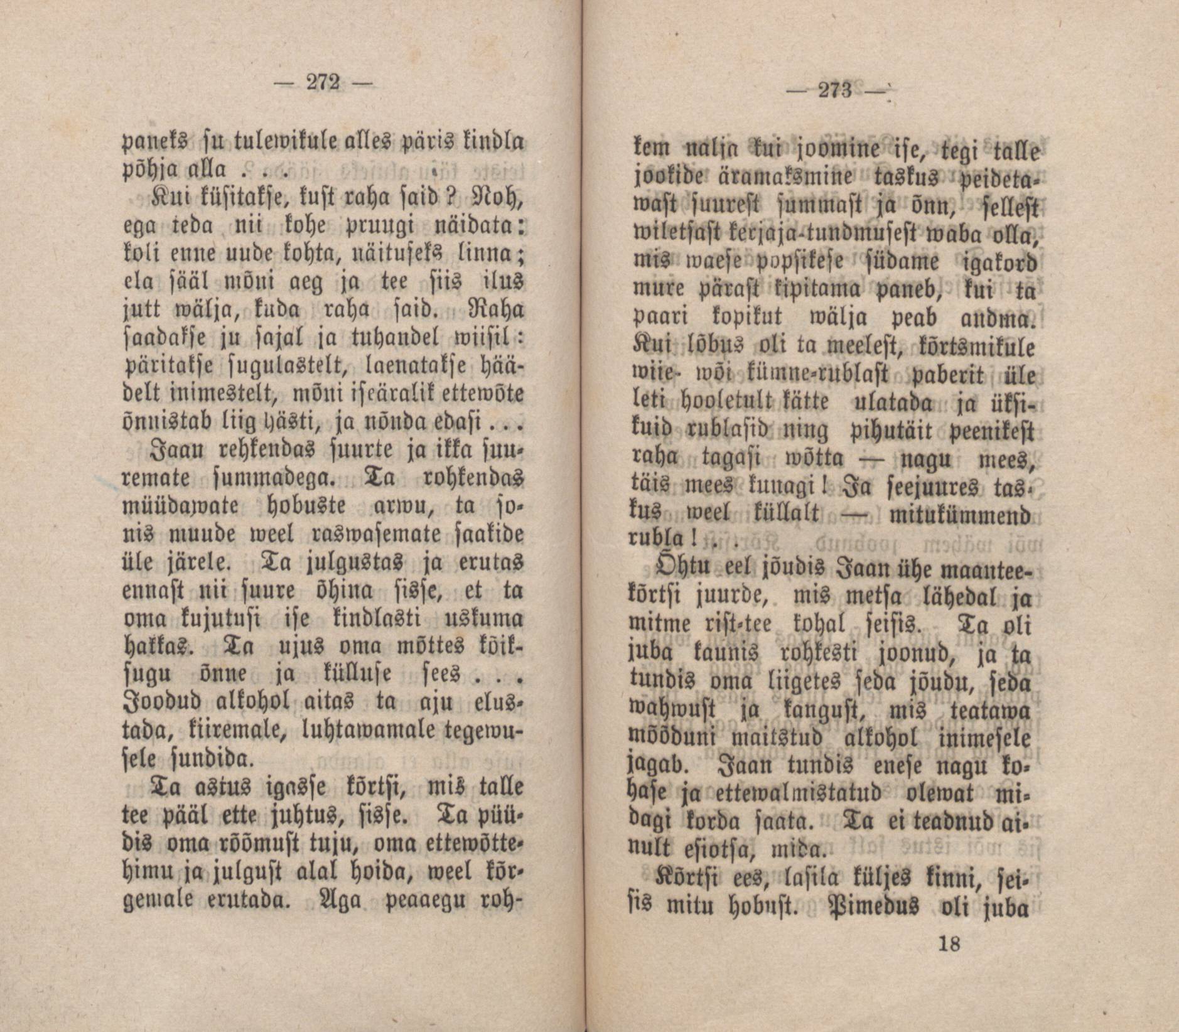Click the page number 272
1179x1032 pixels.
(x=321, y=82)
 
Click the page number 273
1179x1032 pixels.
(x=834, y=92)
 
